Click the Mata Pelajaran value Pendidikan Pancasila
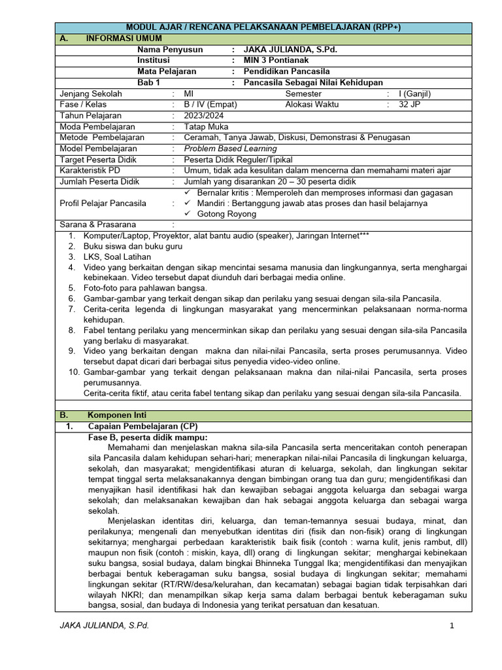pos(286,71)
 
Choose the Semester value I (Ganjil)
pos(414,94)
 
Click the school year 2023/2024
pos(204,115)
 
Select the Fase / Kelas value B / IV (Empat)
pos(210,104)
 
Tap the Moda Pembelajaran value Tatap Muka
pos(206,126)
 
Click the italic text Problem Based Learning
pos(230,149)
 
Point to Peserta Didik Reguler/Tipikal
pos(238,160)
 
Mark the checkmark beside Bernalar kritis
pos(188,193)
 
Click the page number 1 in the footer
pos(451,626)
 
